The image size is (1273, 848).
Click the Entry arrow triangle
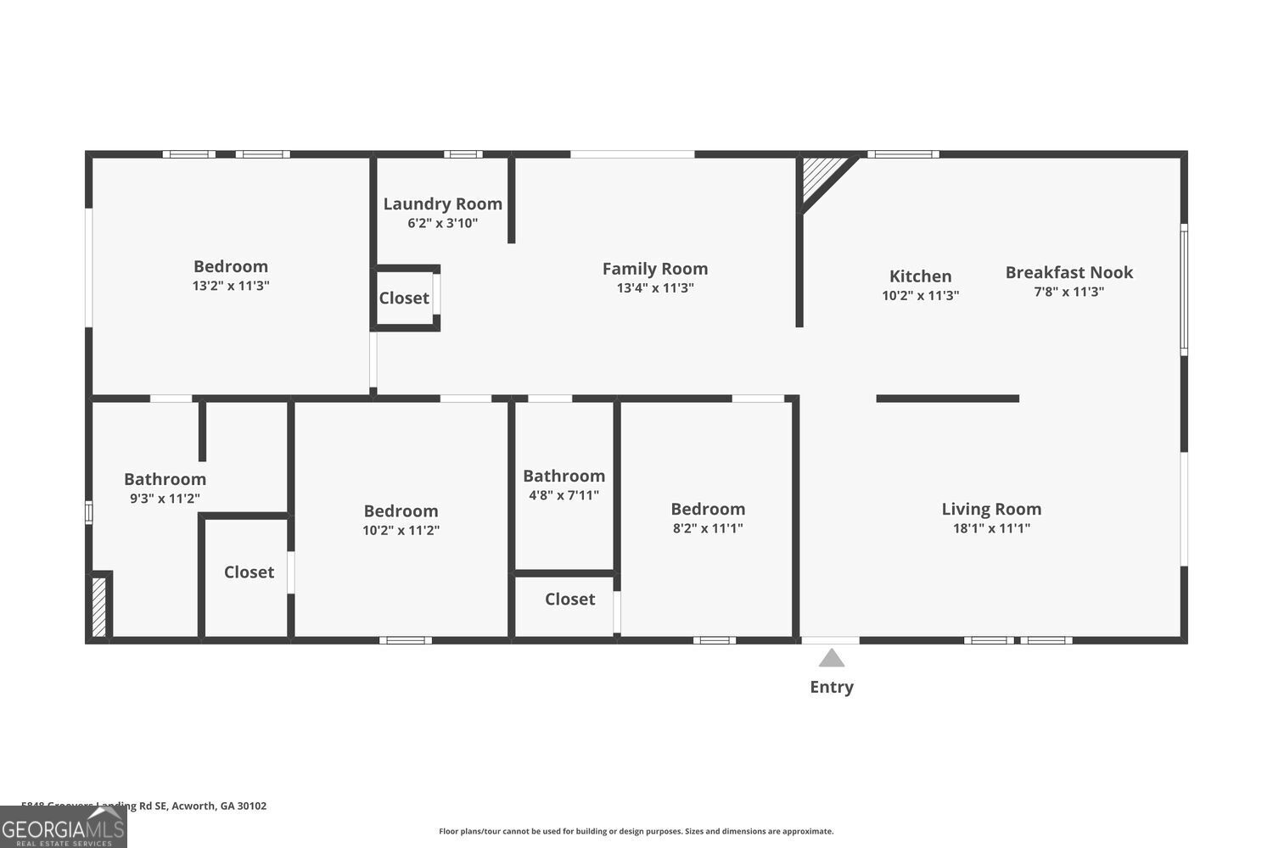click(832, 658)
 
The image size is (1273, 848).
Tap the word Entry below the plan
click(832, 687)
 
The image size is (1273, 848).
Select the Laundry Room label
click(442, 204)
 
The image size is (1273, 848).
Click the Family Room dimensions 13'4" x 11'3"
click(655, 288)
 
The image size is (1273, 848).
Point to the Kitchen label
click(920, 276)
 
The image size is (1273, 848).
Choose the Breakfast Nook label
click(1068, 272)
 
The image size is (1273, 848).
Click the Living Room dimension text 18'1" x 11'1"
click(991, 528)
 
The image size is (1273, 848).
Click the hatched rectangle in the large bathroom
click(99, 605)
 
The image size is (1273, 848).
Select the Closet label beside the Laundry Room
click(404, 298)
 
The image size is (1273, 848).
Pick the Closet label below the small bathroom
click(569, 600)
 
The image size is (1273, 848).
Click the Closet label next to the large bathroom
click(249, 572)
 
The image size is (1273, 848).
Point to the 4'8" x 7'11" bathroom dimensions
click(564, 495)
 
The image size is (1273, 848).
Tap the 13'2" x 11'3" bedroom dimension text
click(231, 286)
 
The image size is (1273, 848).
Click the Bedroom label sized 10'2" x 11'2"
click(401, 510)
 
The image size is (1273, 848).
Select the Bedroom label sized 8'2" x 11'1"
click(708, 509)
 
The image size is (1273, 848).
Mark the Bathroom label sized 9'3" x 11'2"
click(165, 479)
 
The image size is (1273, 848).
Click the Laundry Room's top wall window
click(463, 154)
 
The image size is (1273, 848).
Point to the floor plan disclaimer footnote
click(636, 831)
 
